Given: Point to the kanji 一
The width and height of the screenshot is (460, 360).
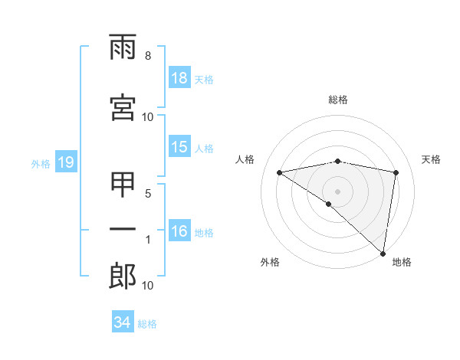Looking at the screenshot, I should point(123,230).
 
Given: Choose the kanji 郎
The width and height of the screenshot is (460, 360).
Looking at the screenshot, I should point(123,276).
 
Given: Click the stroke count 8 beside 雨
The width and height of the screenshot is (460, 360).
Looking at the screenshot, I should point(148,56).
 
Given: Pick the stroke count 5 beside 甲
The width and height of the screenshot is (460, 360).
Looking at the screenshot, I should point(148,194).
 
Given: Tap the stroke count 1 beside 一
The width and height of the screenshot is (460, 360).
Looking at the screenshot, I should point(148,240).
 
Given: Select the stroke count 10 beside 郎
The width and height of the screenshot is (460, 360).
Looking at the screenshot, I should point(148,286).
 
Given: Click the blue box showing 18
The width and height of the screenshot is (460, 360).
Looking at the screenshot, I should point(179,79).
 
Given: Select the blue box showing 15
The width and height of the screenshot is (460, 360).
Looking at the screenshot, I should point(179,148).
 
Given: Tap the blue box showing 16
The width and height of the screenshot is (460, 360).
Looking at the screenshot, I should point(179,232).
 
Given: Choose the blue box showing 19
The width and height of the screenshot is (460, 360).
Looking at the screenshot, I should point(65,163).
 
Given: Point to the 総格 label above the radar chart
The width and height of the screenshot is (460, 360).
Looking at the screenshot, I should point(338,100).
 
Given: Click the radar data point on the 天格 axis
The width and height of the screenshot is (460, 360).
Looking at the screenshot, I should point(396,172).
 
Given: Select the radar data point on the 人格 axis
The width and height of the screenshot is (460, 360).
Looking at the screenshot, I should point(280,172).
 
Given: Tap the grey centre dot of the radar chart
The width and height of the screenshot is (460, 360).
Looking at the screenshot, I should point(338,191).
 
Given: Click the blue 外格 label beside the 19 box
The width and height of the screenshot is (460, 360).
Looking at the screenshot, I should point(41,164).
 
